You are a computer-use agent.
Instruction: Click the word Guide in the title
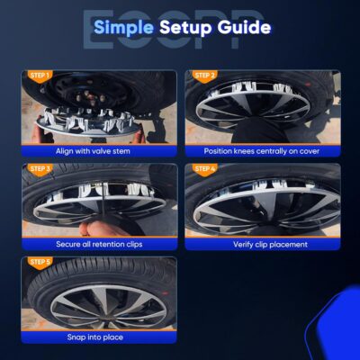coord(242,28)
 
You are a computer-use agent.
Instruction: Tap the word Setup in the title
coord(185,28)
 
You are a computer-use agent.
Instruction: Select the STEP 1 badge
coord(39,75)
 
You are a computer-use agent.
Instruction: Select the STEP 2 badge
coord(204,75)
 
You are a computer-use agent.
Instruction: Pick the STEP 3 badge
coord(39,168)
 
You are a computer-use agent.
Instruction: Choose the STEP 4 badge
coord(204,168)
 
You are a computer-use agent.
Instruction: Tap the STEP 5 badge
coord(39,262)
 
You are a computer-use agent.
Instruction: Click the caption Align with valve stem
coord(99,150)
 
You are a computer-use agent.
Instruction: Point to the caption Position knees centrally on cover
coord(263,150)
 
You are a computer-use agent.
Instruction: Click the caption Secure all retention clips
coord(99,244)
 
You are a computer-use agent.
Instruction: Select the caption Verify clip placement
coord(263,244)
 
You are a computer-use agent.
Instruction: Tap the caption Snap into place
coord(99,337)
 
